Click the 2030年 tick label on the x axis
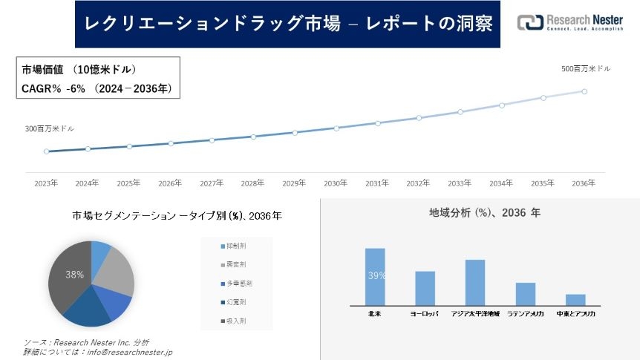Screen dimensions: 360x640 point(336,183)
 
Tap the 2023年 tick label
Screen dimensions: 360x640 point(46,183)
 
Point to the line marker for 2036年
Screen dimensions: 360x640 point(584,91)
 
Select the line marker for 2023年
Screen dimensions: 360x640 point(46,151)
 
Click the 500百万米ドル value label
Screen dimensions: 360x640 point(586,68)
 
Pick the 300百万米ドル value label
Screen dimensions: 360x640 point(50,129)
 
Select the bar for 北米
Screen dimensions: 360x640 point(375,276)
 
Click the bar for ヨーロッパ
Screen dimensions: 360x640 point(425,287)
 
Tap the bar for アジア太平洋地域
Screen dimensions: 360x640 point(474,281)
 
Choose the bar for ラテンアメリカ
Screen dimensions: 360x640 point(525,293)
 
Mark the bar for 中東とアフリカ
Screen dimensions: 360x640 point(575,299)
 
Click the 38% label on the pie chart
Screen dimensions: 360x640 point(74,275)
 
